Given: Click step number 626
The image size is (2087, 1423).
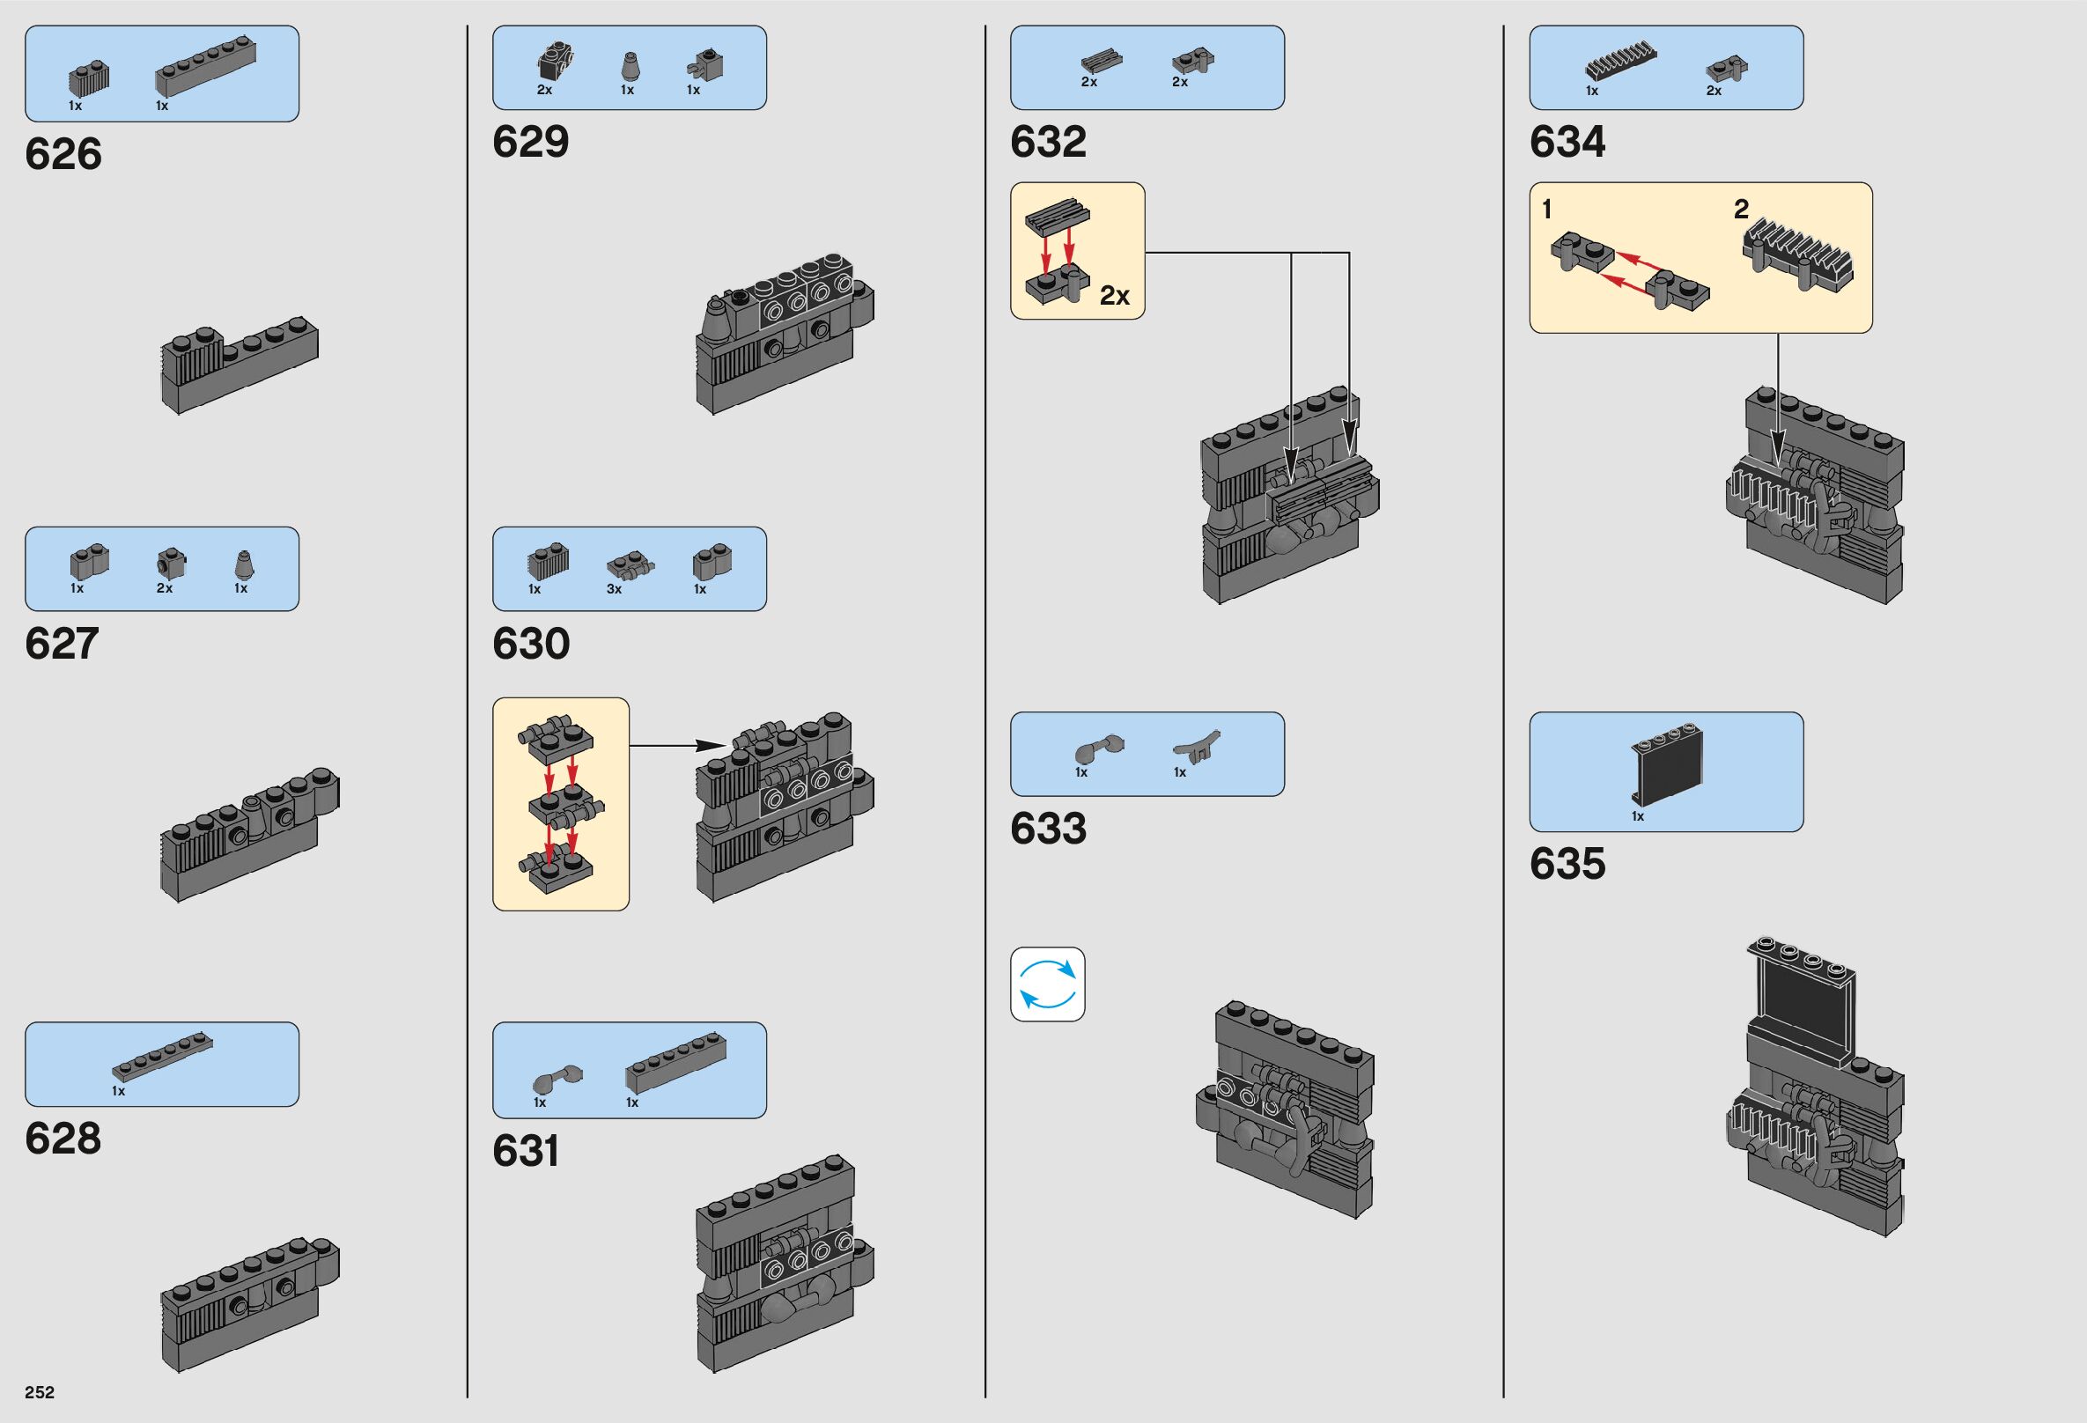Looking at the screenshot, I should point(63,154).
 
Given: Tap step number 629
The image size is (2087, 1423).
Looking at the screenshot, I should point(530,143).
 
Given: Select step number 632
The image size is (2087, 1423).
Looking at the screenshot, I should point(1048,143).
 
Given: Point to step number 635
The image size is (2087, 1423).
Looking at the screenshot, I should point(1567,864).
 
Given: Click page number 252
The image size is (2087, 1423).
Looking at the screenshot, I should point(40,1391).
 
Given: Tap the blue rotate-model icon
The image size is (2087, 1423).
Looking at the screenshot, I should point(1047,984).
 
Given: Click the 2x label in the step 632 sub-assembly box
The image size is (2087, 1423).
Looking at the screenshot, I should point(1115,295).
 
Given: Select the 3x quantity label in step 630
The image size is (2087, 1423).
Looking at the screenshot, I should point(615,589).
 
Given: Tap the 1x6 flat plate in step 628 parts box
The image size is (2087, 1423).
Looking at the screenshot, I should point(163,1058).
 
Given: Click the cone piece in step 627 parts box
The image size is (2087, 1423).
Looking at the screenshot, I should point(241,566).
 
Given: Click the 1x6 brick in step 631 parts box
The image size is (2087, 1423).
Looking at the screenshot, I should point(675,1064).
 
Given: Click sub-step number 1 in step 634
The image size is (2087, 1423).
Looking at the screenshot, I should point(1546,210).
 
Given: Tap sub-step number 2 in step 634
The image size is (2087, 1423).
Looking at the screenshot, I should point(1741,210).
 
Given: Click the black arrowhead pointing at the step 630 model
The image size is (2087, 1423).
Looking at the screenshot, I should point(713,745).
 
